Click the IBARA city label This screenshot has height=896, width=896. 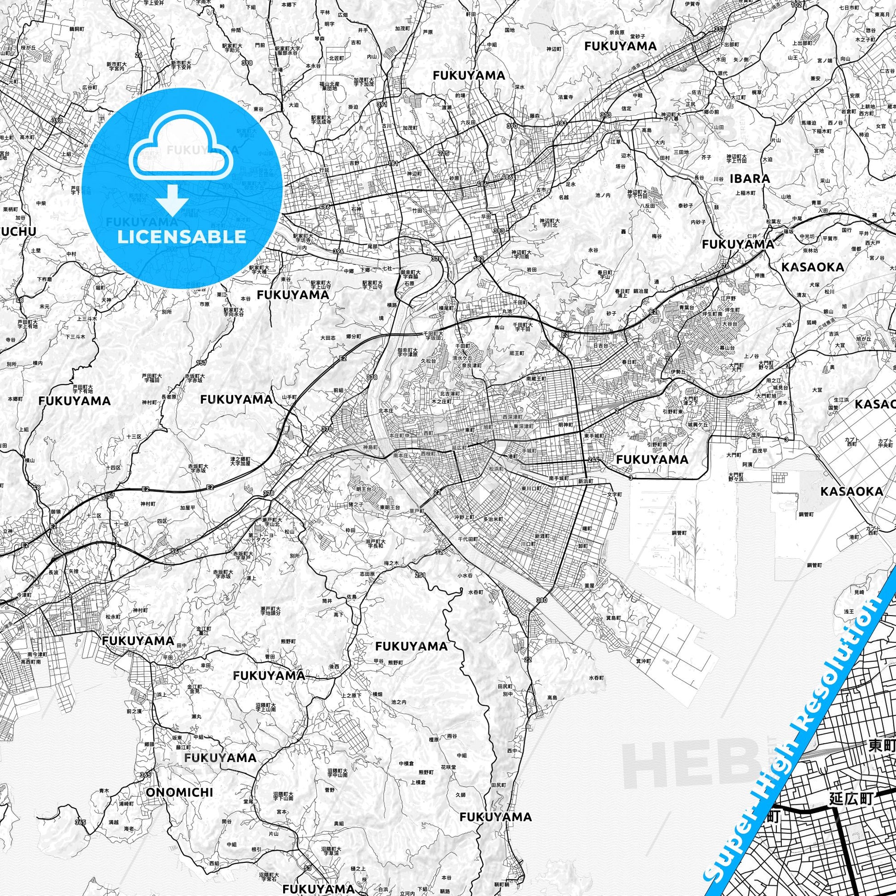click(x=750, y=179)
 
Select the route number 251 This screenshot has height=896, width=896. click(x=420, y=576)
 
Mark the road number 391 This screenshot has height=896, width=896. click(x=382, y=105)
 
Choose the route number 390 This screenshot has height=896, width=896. click(x=512, y=126)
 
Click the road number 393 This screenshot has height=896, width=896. click(x=499, y=231)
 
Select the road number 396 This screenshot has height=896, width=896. click(x=338, y=251)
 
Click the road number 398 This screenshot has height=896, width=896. click(x=57, y=121)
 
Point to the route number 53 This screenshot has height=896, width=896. click(x=308, y=868)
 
